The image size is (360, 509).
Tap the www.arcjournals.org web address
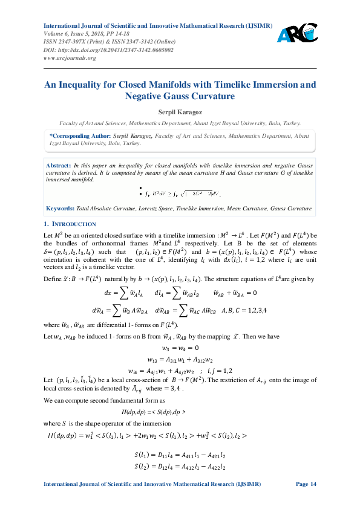coord(70,57)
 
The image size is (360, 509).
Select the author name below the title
coord(180,113)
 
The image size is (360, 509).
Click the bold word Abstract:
coord(59,165)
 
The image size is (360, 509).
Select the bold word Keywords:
coord(61,209)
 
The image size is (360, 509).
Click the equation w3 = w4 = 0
coord(180,348)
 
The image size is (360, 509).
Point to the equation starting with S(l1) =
coord(180,455)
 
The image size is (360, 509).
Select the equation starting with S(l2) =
coord(180,467)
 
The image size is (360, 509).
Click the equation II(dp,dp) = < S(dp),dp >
coord(180,411)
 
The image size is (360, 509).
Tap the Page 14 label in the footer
coord(306,484)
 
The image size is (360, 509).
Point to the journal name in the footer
coord(152,484)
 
